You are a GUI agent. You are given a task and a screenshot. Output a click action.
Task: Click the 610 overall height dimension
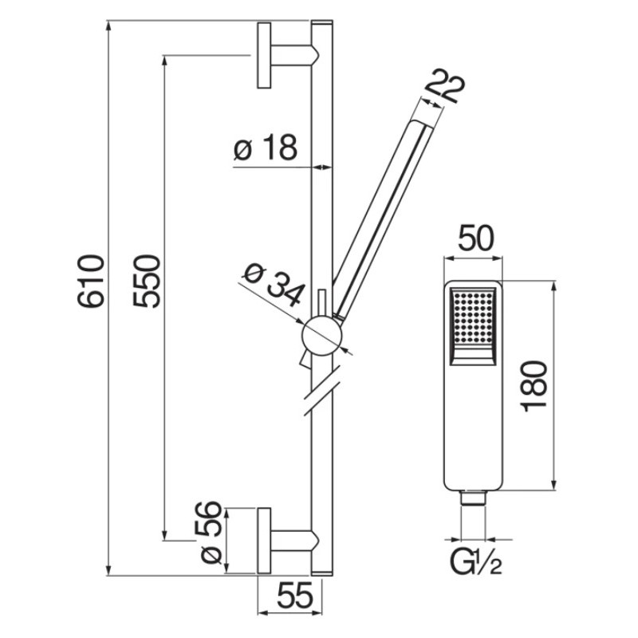tap(91, 281)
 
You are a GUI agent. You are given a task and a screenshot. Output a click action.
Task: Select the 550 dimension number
tap(147, 281)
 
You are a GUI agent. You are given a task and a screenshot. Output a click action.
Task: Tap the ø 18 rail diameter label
tap(266, 147)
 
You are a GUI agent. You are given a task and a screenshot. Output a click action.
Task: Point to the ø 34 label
tap(274, 285)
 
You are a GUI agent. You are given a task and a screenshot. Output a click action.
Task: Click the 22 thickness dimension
tap(444, 86)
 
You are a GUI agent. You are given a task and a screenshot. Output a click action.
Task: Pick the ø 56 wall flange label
tap(211, 532)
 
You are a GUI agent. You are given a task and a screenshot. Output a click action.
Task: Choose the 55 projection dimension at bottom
tap(295, 596)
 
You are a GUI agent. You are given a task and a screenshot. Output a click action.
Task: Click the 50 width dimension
tap(475, 238)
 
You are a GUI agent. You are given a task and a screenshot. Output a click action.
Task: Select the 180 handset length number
tap(534, 386)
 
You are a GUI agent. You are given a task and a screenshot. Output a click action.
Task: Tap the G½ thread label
tap(475, 562)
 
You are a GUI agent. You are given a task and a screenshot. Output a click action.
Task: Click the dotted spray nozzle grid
tap(473, 317)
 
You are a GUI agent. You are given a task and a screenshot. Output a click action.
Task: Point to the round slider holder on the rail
tap(322, 336)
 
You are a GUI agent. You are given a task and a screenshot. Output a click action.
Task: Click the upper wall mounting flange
tap(264, 55)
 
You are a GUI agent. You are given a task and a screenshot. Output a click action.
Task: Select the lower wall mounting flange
tap(264, 541)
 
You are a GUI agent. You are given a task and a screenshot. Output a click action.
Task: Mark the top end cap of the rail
tap(322, 23)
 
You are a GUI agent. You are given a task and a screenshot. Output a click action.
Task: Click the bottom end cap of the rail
tap(322, 573)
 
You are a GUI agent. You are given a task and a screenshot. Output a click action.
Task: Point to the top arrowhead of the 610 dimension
tap(108, 26)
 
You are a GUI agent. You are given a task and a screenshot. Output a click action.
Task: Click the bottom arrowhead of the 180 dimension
tap(553, 484)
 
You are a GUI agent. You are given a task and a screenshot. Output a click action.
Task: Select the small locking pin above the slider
tap(322, 303)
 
